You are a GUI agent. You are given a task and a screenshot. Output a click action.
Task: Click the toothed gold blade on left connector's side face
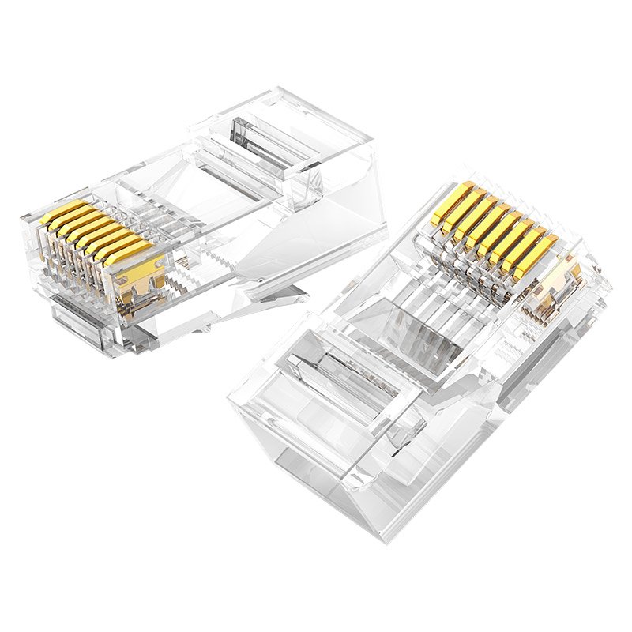142,276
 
